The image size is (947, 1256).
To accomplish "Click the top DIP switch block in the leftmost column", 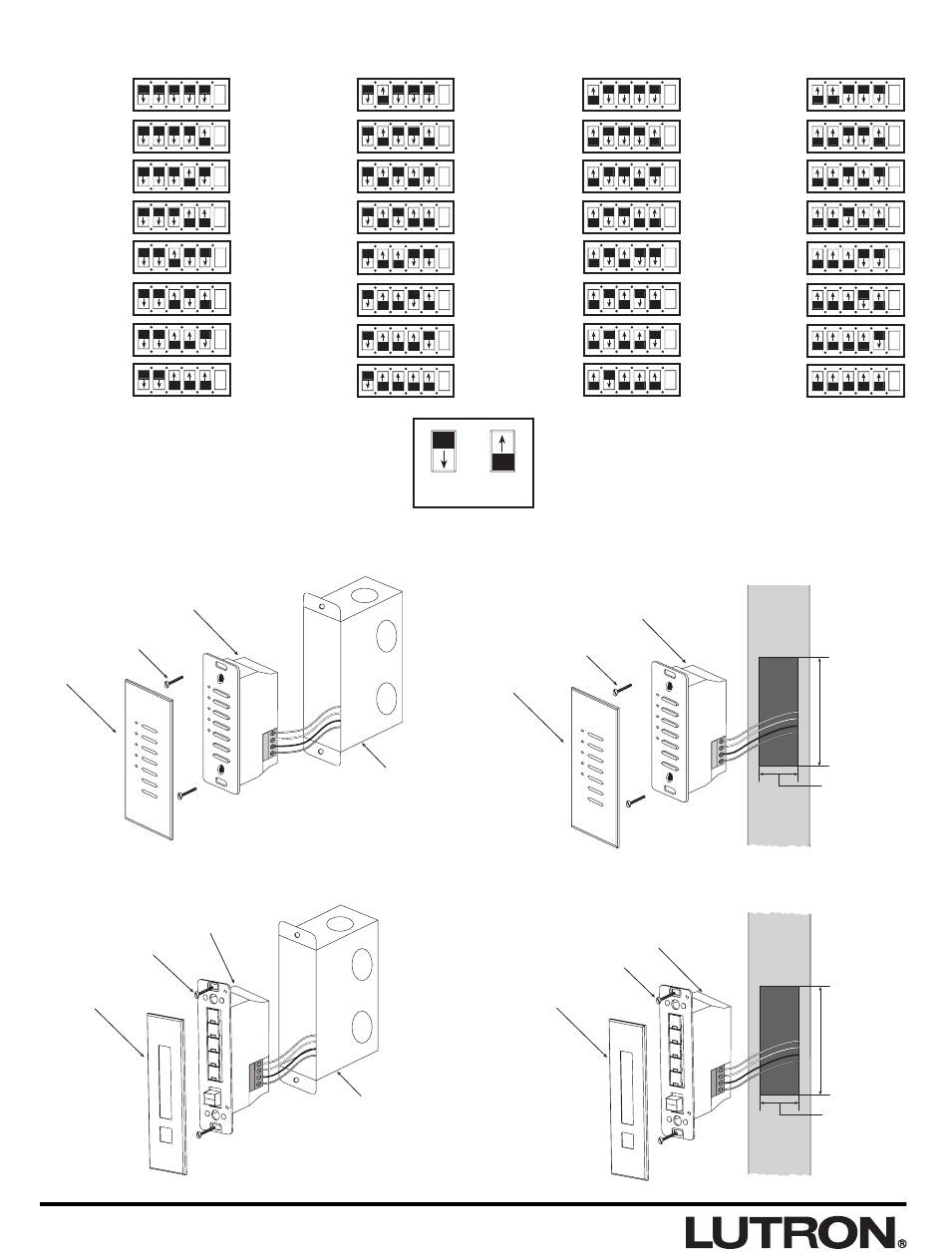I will [181, 95].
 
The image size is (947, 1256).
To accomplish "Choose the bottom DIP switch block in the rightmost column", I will [855, 380].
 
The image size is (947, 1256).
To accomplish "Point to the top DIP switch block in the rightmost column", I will [855, 95].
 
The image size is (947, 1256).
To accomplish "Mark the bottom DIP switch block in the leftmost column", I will [181, 380].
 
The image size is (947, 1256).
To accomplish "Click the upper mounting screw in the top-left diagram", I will [172, 681].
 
